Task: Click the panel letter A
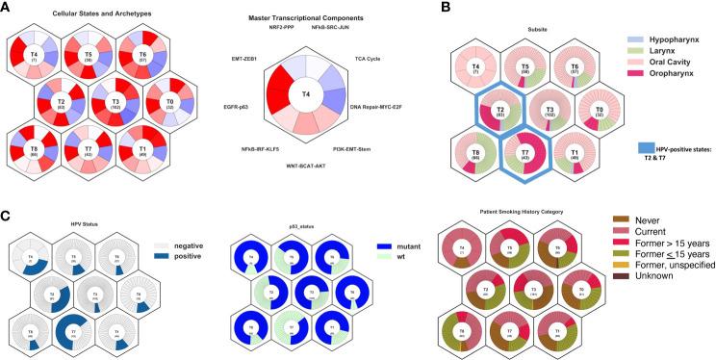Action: pyautogui.click(x=7, y=8)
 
